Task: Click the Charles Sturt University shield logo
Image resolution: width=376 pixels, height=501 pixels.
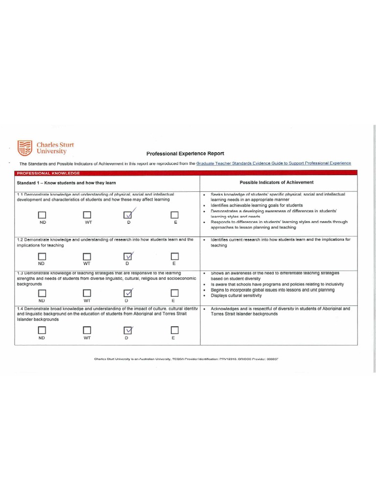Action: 24,148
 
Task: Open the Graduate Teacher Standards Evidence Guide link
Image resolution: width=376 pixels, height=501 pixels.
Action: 273,163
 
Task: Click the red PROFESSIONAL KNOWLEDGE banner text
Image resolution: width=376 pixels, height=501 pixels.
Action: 48,173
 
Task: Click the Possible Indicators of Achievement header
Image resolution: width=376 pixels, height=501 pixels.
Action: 277,182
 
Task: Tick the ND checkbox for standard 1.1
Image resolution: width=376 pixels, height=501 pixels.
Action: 42,215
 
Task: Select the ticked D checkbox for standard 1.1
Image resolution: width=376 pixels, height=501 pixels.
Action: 128,215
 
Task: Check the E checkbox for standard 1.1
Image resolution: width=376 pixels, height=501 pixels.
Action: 174,215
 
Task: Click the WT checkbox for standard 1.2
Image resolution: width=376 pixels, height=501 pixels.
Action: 87,256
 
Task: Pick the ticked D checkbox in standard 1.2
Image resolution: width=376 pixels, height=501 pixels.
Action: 128,256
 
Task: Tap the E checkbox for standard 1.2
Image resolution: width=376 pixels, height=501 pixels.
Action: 174,256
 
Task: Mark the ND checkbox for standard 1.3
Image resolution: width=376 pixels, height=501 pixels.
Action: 42,293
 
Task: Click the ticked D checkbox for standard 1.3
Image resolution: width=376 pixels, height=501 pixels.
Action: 128,293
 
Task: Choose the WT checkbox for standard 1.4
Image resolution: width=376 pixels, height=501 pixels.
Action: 87,331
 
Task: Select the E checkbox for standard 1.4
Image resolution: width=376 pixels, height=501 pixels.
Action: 174,331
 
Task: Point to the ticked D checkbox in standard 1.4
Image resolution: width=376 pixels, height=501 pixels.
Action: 128,331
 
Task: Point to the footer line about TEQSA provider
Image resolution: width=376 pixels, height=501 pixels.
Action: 186,359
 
